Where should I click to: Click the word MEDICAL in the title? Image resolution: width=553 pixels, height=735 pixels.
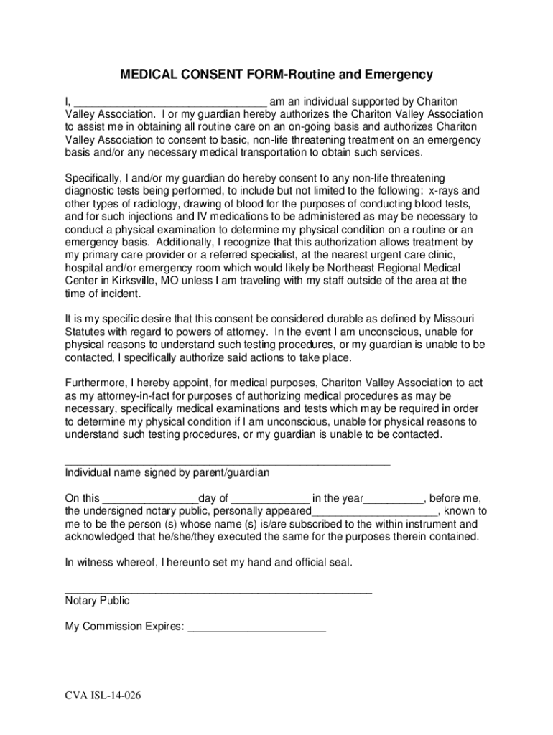coord(146,75)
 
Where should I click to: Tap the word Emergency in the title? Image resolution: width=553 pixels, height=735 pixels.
coord(397,75)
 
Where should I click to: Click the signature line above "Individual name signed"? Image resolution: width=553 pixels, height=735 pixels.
coord(228,464)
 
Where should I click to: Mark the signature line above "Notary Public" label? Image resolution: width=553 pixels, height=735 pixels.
coord(218,591)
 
